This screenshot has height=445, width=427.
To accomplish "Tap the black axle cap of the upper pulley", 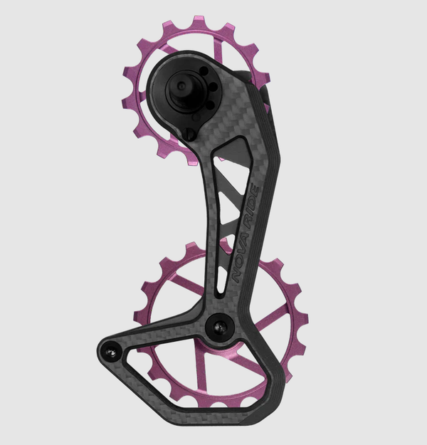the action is (182, 87).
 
